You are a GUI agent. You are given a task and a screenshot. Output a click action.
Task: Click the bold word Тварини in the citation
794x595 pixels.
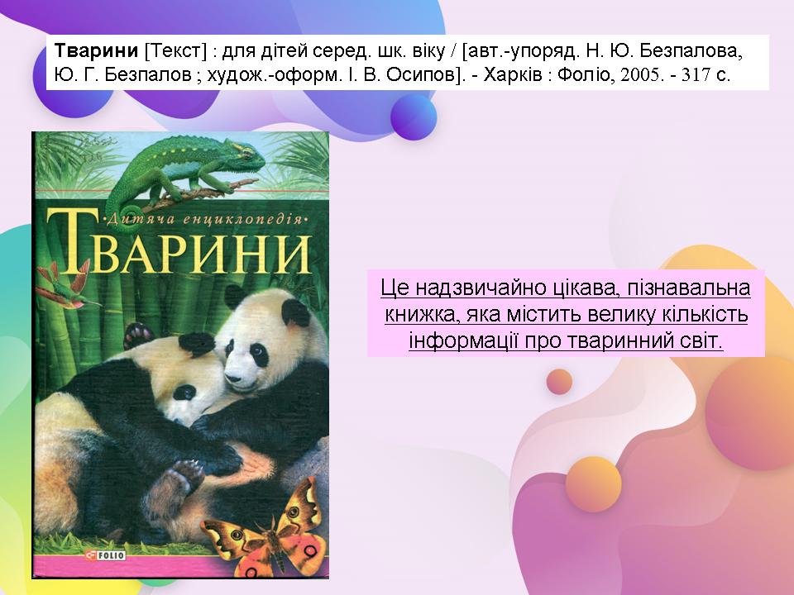(x=96, y=50)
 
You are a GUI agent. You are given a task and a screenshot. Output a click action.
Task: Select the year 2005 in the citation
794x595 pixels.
(x=640, y=75)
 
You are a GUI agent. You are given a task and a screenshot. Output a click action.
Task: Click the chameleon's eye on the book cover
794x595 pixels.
(x=246, y=150)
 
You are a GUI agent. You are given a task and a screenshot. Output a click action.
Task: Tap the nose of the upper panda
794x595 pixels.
(x=232, y=378)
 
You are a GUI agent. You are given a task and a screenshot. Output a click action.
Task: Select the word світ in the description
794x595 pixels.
(x=701, y=340)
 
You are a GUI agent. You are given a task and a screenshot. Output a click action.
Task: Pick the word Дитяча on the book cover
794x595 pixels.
(x=134, y=219)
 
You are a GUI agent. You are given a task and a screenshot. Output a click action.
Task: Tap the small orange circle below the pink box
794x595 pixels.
(x=560, y=382)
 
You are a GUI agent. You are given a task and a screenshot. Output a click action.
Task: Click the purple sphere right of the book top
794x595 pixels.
(x=414, y=117)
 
